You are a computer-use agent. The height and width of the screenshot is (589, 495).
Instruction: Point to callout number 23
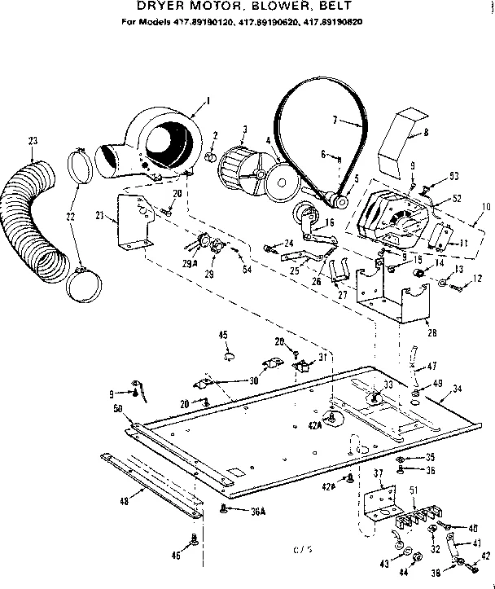point(32,141)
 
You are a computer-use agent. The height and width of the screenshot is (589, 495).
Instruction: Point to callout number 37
point(377,473)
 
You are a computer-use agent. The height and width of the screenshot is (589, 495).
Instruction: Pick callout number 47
point(431,367)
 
